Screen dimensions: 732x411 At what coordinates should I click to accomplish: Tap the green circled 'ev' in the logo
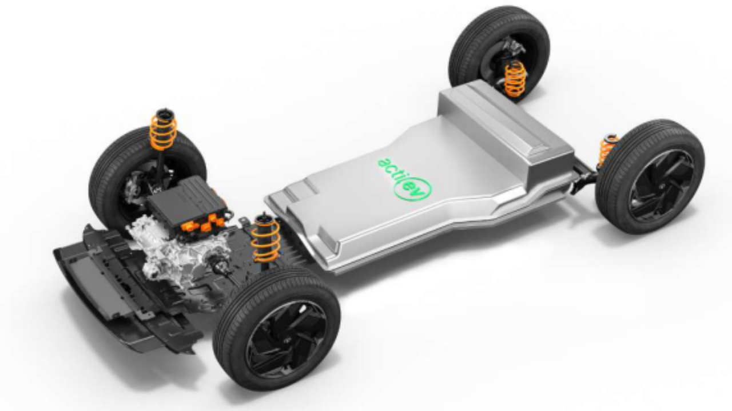click(x=413, y=188)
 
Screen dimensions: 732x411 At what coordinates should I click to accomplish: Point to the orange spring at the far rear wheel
click(x=515, y=79)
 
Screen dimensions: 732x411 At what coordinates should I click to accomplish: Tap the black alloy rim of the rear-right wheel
click(x=661, y=186)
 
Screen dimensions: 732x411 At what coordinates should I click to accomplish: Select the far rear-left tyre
click(x=499, y=50)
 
